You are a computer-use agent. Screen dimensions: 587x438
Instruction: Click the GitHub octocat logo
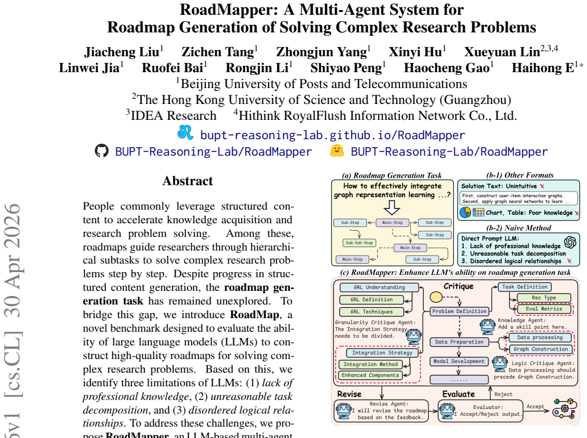(101, 151)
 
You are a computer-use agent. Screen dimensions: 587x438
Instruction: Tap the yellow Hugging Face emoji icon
(337, 151)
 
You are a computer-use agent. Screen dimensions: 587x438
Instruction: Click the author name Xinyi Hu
(415, 52)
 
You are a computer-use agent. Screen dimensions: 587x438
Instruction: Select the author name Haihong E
(543, 68)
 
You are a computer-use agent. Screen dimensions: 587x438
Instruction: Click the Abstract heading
(188, 181)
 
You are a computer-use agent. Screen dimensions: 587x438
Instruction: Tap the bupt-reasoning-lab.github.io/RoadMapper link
(333, 135)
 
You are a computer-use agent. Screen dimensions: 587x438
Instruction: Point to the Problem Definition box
(460, 311)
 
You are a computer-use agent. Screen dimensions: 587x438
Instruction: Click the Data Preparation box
(460, 342)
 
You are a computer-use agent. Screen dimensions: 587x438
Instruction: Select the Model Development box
(459, 361)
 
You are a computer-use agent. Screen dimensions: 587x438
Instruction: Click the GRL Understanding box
(379, 287)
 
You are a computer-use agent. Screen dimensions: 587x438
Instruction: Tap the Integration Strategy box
(382, 353)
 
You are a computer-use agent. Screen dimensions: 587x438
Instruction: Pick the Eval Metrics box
(544, 309)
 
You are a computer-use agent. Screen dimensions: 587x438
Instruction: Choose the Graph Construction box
(540, 349)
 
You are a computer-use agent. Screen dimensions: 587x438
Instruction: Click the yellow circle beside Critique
(436, 297)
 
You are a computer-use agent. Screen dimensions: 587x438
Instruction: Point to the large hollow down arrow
(392, 207)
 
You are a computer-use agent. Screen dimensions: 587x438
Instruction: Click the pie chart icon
(465, 212)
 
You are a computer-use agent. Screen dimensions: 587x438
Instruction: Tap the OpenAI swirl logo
(570, 243)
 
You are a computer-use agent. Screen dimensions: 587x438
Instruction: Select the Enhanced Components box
(370, 375)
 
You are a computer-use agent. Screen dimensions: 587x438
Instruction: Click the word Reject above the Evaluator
(503, 394)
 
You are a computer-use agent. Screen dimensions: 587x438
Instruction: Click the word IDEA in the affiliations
(147, 115)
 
